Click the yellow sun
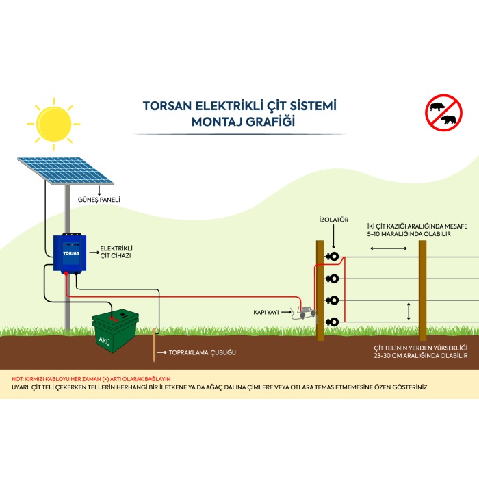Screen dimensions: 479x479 pyautogui.click(x=53, y=122)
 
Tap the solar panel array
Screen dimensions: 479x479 pyautogui.click(x=65, y=170)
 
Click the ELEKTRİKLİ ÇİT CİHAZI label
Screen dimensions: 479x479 pyautogui.click(x=116, y=251)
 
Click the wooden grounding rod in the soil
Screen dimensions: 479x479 pyautogui.click(x=155, y=348)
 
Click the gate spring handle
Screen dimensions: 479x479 pyautogui.click(x=304, y=313)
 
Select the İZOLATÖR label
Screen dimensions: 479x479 pyautogui.click(x=334, y=220)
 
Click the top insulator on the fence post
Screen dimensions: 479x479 pyautogui.click(x=334, y=257)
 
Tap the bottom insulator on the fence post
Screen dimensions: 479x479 pyautogui.click(x=334, y=322)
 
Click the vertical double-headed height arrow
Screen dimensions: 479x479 pyautogui.click(x=409, y=311)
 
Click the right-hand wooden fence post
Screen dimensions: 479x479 pyautogui.click(x=423, y=291)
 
